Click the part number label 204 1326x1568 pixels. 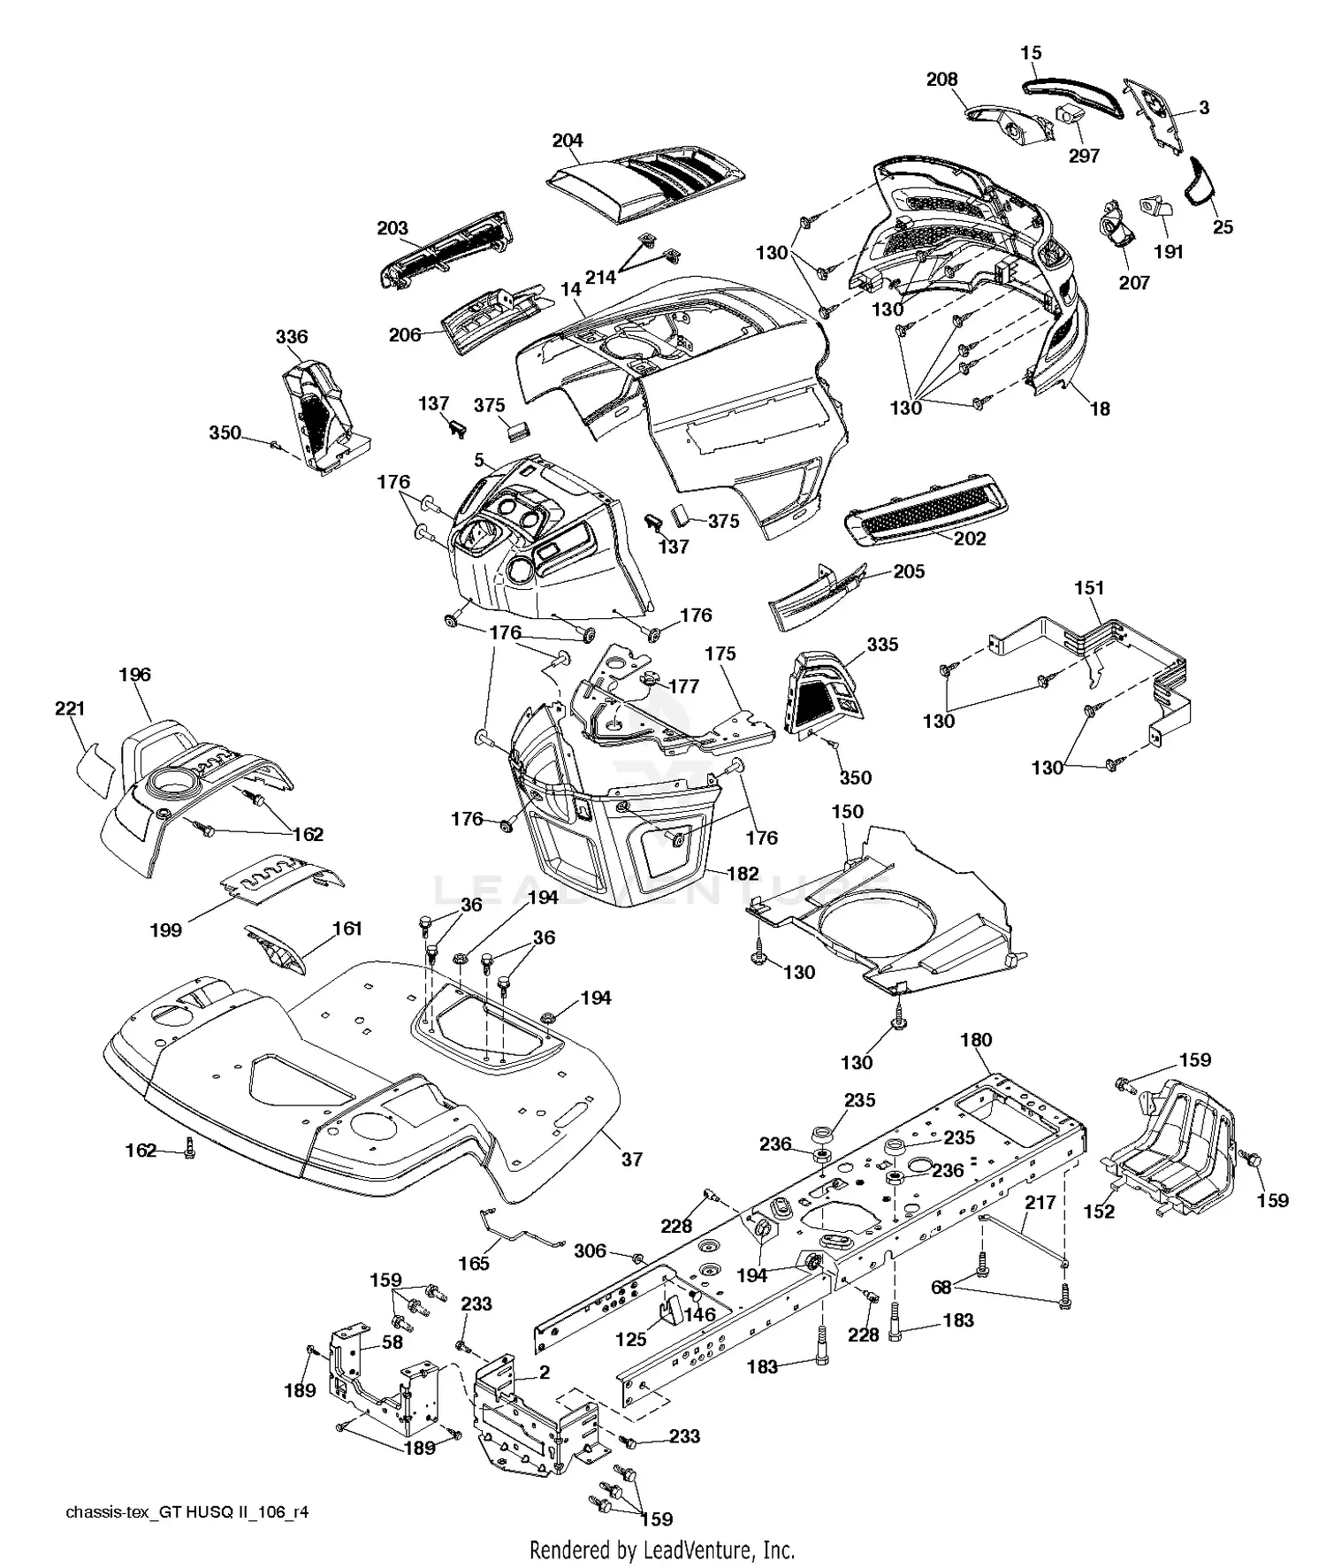[x=568, y=141]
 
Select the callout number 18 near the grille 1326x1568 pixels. [x=1100, y=409]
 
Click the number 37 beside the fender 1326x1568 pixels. [x=631, y=1159]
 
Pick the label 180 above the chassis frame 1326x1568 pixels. [x=976, y=1040]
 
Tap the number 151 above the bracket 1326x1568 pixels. [x=1089, y=588]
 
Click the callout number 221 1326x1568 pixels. [x=71, y=708]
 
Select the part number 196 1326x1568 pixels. [x=135, y=675]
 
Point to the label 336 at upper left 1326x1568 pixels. [x=292, y=336]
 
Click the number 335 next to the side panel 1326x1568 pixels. [x=882, y=645]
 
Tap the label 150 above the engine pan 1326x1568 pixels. [x=847, y=811]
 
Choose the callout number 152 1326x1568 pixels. [x=1099, y=1211]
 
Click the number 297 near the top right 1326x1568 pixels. [x=1084, y=157]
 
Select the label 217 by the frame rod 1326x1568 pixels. [x=1040, y=1203]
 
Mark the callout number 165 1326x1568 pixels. [x=474, y=1263]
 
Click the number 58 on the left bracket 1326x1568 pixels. [x=392, y=1342]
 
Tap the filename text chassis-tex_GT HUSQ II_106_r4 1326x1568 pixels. [x=187, y=1512]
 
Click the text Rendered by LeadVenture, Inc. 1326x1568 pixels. [x=662, y=1549]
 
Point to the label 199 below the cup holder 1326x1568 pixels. [x=166, y=929]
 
